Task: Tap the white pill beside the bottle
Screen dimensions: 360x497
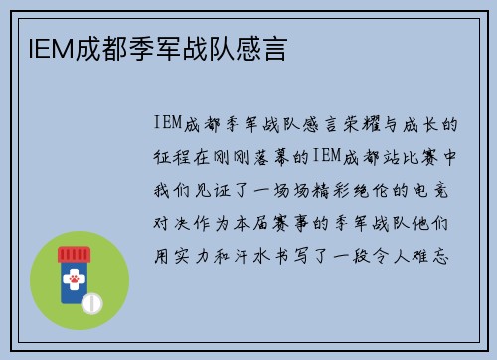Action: [x=91, y=300]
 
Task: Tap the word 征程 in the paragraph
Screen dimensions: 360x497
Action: [x=173, y=157]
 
